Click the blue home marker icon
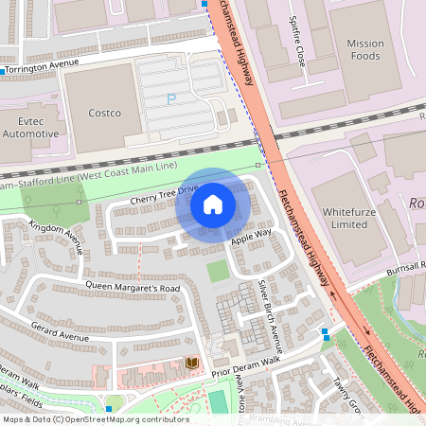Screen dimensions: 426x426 [213, 204]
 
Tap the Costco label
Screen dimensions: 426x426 [104, 114]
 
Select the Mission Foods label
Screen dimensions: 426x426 [365, 49]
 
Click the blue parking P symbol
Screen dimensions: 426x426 [171, 99]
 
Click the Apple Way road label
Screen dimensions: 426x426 [251, 237]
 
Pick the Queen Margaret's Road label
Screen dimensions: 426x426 [133, 287]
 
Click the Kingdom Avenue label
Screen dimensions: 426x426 [57, 238]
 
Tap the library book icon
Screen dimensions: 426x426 [192, 363]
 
